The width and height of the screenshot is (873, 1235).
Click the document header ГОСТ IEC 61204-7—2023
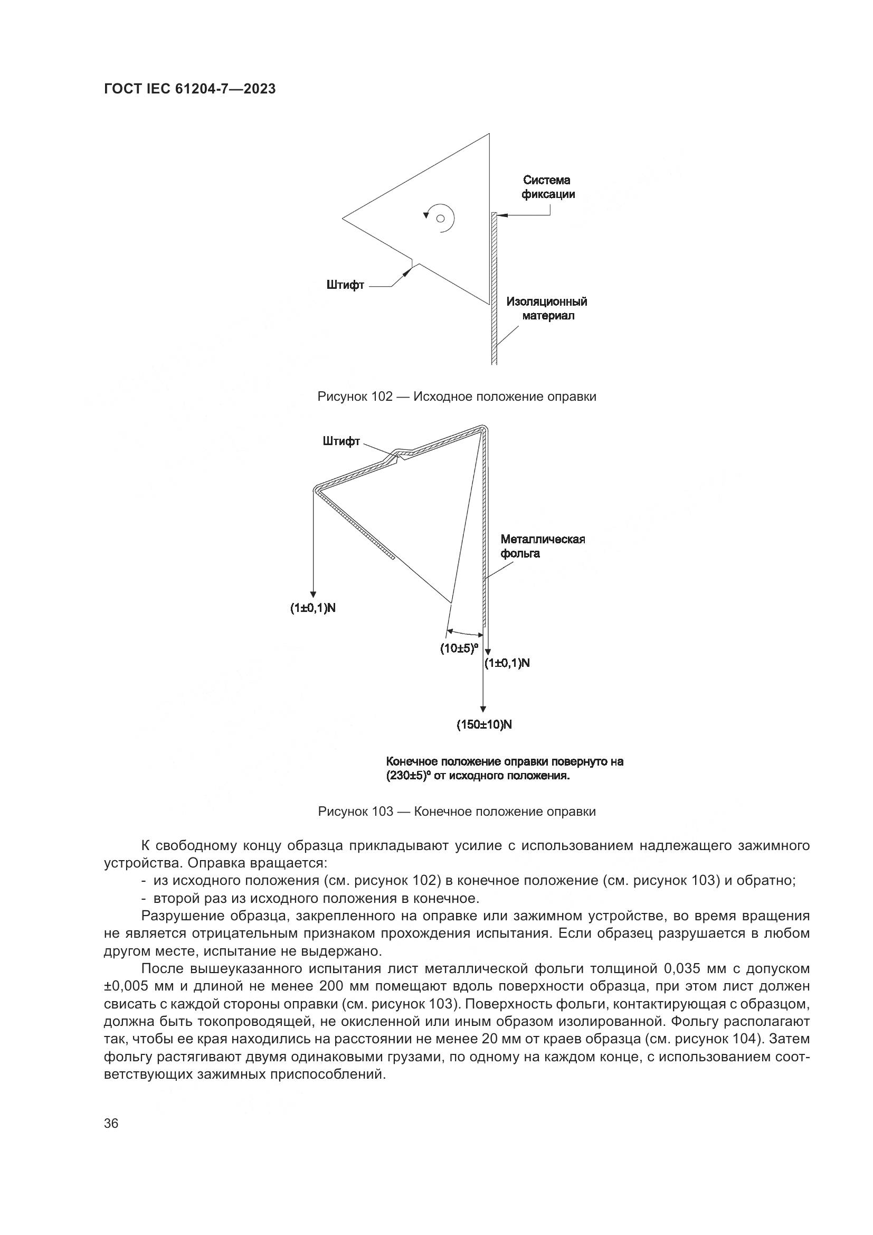click(x=189, y=89)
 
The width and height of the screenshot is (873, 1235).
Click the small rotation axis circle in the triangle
click(x=440, y=219)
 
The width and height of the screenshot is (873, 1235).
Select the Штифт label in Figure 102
click(x=345, y=285)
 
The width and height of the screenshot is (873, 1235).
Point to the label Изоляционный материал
click(x=547, y=309)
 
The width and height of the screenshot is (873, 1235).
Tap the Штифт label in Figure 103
click(x=341, y=442)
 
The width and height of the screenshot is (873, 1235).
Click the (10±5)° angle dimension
click(x=459, y=648)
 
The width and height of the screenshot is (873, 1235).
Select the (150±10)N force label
click(x=484, y=724)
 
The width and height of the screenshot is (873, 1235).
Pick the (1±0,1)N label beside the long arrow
click(x=507, y=663)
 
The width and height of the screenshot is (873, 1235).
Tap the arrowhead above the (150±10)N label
click(x=483, y=709)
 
